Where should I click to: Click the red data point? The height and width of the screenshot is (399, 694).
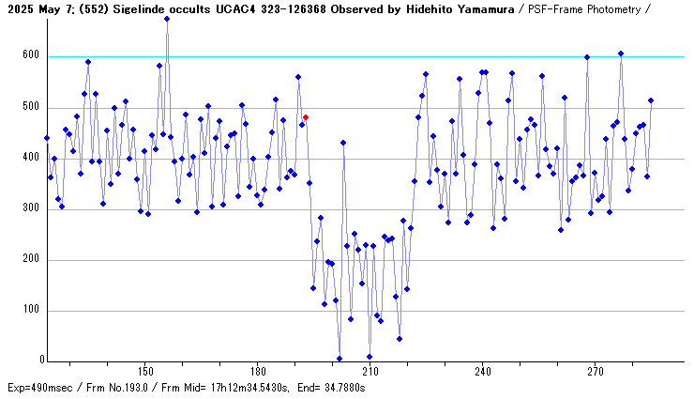coord(306,117)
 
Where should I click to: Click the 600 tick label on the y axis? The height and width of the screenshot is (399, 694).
coord(32,56)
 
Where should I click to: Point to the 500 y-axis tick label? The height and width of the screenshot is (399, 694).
coord(32,107)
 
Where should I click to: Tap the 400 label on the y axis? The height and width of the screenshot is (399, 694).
coord(32,158)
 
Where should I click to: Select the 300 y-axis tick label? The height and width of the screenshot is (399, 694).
coord(32,208)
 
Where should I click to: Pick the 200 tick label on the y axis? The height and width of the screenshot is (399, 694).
coord(32,259)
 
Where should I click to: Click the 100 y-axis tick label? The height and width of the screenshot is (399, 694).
coord(32,310)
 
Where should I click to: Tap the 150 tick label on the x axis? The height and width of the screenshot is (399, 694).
coord(144,372)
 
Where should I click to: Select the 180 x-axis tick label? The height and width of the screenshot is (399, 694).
coord(257,372)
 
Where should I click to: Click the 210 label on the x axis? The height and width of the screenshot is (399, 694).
coord(370,372)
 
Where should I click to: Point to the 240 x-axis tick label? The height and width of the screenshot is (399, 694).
coord(482,372)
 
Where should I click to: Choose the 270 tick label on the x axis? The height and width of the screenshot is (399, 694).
coord(595,372)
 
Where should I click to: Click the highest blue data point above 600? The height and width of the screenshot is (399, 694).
coord(167,19)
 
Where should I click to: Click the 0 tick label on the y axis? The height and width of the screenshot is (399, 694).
coord(40,361)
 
